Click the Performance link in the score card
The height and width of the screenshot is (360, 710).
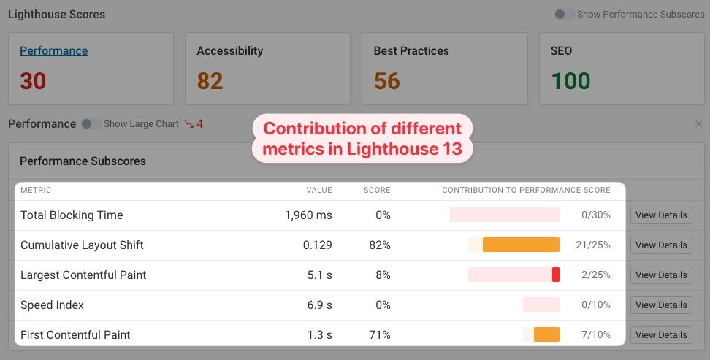[53, 51]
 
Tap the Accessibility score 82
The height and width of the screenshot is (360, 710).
[210, 81]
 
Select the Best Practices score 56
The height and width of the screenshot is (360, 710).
[386, 81]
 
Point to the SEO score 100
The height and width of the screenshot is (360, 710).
[570, 81]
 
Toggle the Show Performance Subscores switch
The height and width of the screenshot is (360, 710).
[564, 14]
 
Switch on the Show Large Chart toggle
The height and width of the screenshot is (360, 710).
[91, 124]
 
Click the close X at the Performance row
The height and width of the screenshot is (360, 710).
[698, 124]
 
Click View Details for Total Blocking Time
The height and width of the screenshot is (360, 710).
[661, 215]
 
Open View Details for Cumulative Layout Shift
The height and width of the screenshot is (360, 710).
[661, 245]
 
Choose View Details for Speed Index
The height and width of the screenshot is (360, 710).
[661, 305]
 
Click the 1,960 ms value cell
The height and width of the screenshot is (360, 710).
[308, 215]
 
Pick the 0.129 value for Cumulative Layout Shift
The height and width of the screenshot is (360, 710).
[317, 245]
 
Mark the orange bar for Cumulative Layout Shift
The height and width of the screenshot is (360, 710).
[521, 245]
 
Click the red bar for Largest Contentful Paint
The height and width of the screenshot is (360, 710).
[556, 275]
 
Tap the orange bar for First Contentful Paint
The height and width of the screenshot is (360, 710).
[546, 335]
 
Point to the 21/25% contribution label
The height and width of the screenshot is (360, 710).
[592, 245]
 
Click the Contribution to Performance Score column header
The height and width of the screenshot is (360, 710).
[526, 191]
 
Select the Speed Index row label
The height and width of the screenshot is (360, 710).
[52, 305]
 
